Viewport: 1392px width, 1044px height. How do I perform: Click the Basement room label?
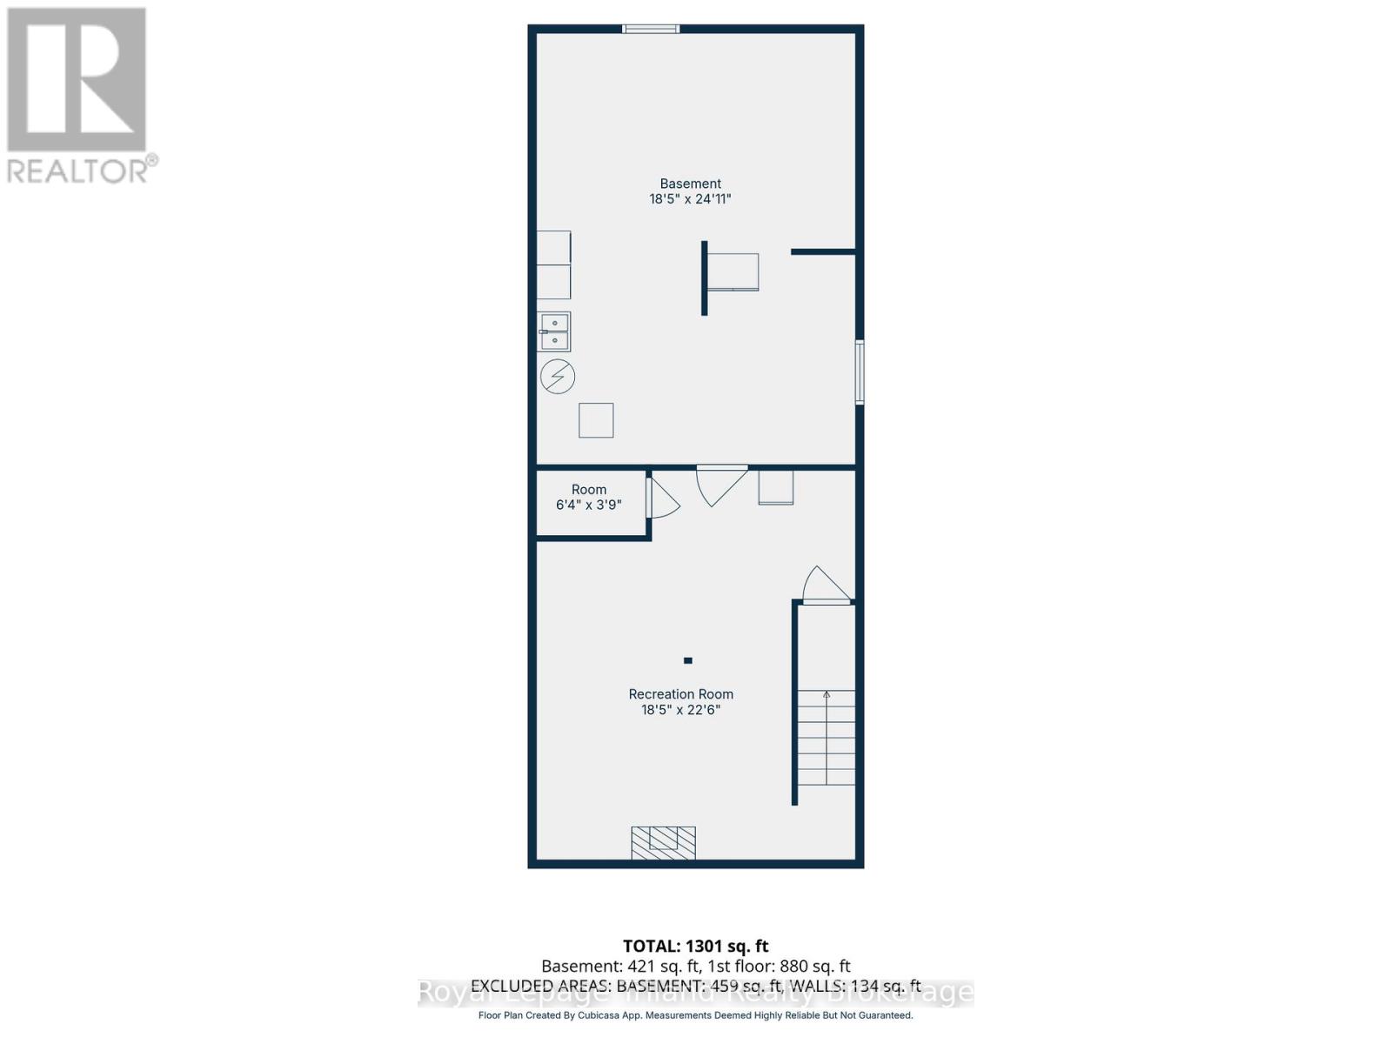pyautogui.click(x=690, y=184)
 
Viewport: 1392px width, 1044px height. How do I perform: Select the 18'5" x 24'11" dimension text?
pyautogui.click(x=690, y=199)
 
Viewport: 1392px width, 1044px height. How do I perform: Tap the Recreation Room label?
pyautogui.click(x=680, y=694)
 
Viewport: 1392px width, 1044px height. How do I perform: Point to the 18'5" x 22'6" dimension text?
pyautogui.click(x=680, y=710)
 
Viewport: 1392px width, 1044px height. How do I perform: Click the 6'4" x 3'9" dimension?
pyautogui.click(x=588, y=505)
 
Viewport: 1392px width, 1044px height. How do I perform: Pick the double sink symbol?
pyautogui.click(x=554, y=331)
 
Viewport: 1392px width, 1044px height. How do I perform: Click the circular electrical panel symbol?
pyautogui.click(x=558, y=377)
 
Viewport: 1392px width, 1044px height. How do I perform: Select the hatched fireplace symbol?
pyautogui.click(x=663, y=842)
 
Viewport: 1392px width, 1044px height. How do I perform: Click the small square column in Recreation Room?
pyautogui.click(x=687, y=660)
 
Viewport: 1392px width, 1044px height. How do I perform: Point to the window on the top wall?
pyautogui.click(x=651, y=29)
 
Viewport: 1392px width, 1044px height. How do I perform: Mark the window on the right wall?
pyautogui.click(x=860, y=372)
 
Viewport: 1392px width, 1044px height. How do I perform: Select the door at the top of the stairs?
pyautogui.click(x=826, y=586)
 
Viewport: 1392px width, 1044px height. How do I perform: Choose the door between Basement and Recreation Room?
pyautogui.click(x=720, y=484)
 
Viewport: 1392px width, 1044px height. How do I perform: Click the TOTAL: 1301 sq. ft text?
pyautogui.click(x=695, y=946)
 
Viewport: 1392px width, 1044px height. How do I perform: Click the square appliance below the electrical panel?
pyautogui.click(x=596, y=420)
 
